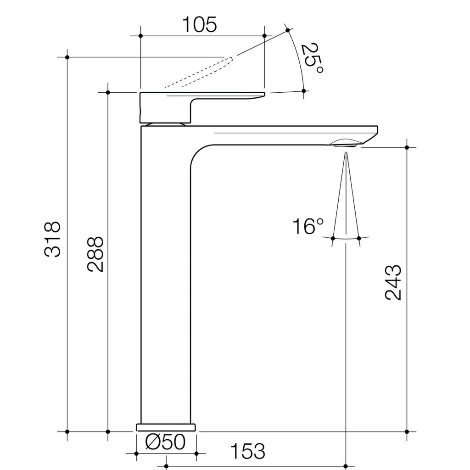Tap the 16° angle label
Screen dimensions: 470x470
tap(308, 226)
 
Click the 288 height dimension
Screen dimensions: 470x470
tap(95, 255)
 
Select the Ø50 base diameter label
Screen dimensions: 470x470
tap(165, 442)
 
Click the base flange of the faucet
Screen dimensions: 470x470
tap(166, 427)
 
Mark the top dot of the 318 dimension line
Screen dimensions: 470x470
tap(67, 57)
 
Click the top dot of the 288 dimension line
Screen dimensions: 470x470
tap(108, 92)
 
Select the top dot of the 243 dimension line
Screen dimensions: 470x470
tap(407, 147)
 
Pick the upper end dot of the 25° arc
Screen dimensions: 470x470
tap(288, 30)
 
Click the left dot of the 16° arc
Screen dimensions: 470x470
tap(332, 238)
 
